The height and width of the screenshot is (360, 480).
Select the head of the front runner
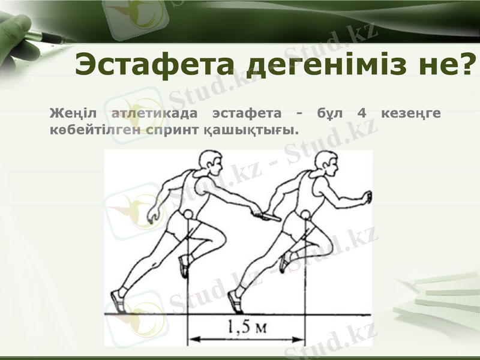pos(326,161)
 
